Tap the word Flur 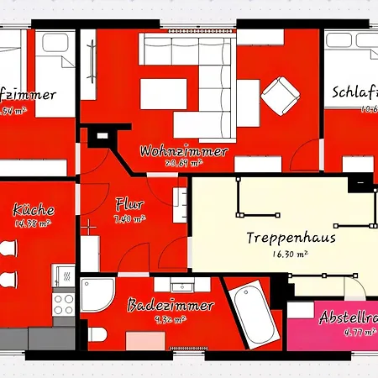coord(129,204)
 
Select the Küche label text coord(34,209)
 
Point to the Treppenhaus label coord(280,238)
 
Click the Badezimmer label coord(171,306)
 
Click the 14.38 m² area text coord(34,223)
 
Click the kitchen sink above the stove coord(61,276)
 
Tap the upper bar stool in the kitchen coord(7,251)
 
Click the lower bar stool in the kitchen coord(7,280)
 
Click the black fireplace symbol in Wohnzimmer coord(102,134)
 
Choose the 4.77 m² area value coord(337,333)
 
